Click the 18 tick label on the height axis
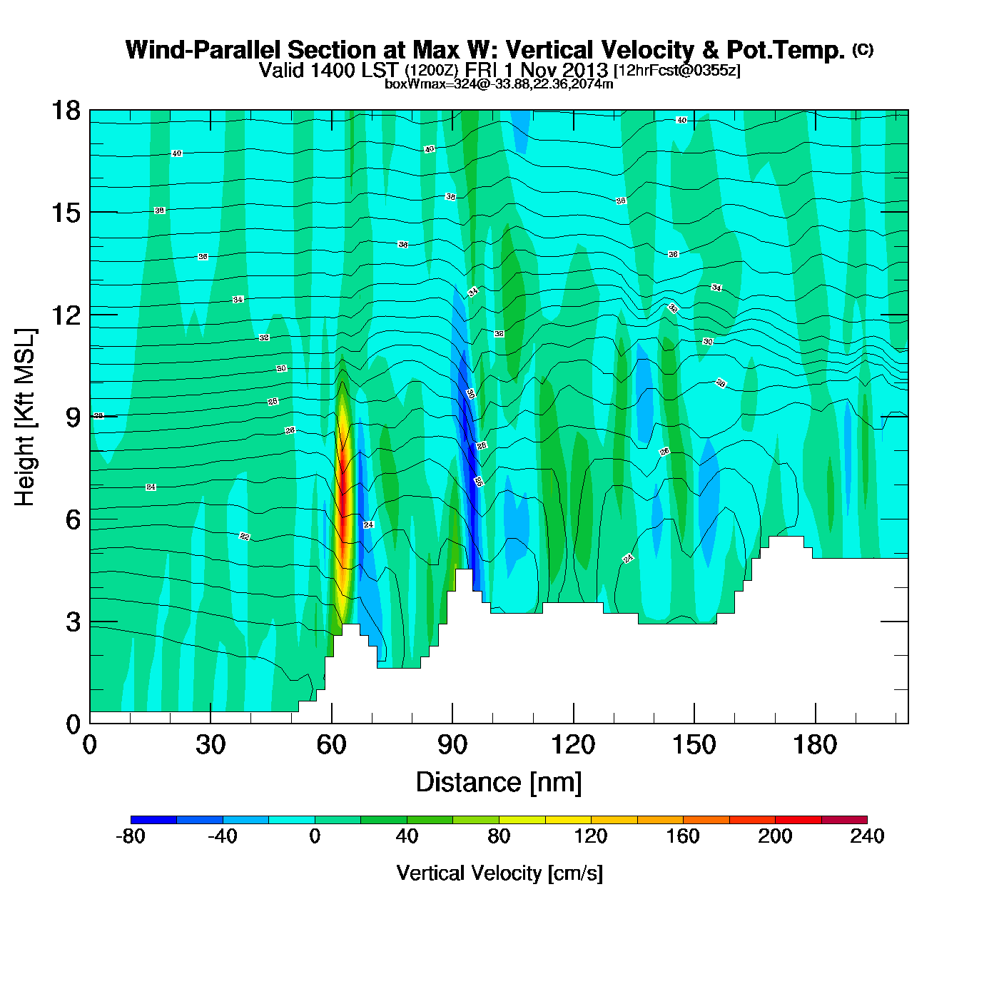point(65,111)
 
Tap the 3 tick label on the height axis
point(73,622)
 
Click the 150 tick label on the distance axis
point(694,746)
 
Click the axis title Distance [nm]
point(499,783)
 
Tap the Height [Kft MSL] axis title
point(25,417)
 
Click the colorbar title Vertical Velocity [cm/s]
point(499,873)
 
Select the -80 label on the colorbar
point(131,836)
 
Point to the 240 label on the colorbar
point(867,836)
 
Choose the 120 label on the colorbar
point(591,836)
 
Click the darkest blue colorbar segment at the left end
point(153,819)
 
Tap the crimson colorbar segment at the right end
point(844,819)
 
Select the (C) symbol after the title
point(863,49)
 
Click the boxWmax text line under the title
point(499,84)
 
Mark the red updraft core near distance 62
point(343,499)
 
